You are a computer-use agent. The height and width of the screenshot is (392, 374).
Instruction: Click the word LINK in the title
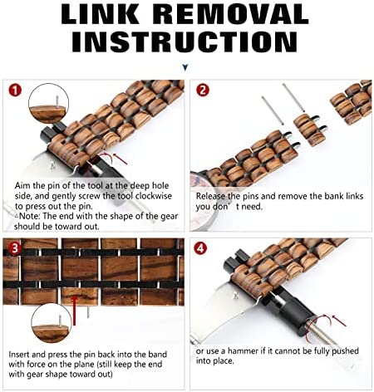(x=101, y=14)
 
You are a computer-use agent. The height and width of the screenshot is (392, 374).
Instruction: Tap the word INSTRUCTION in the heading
(x=185, y=42)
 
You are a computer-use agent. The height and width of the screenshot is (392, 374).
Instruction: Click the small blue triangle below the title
(x=185, y=67)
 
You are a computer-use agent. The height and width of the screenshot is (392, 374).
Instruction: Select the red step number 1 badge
(x=15, y=91)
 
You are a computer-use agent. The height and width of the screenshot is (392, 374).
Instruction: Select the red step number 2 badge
(x=203, y=91)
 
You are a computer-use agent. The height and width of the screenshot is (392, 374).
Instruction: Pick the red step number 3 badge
(x=15, y=248)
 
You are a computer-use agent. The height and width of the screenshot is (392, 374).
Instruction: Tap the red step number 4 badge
(x=200, y=248)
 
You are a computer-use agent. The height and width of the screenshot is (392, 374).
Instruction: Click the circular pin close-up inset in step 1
(x=49, y=104)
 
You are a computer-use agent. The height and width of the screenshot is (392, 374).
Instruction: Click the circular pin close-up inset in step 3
(x=52, y=323)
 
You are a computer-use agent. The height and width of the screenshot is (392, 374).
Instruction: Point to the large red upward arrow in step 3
(x=74, y=310)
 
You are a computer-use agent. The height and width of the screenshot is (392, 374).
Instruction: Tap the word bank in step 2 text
(x=336, y=196)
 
